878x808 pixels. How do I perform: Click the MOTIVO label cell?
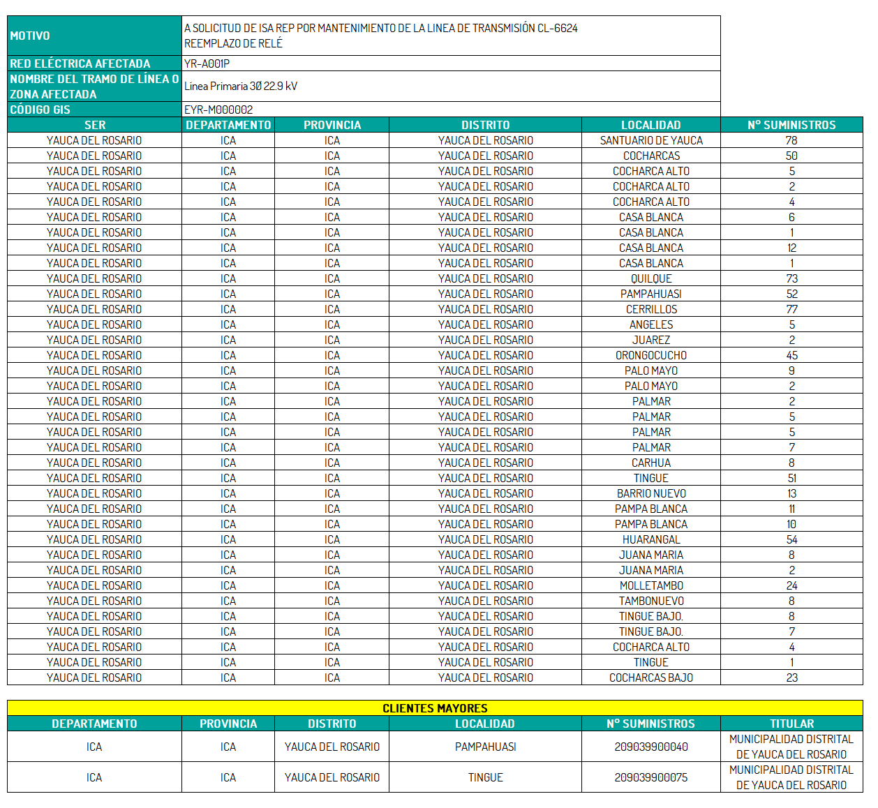(30, 36)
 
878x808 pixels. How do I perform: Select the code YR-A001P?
(207, 63)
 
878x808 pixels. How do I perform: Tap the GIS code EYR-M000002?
(218, 110)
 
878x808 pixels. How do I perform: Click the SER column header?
(95, 125)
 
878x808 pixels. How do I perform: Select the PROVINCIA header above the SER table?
(332, 125)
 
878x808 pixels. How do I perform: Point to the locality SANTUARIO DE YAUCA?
(651, 140)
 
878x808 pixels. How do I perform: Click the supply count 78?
(791, 140)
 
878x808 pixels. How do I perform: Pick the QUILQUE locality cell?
(651, 278)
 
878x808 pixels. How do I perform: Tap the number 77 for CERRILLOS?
(791, 309)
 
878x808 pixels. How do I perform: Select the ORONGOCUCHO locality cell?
(651, 355)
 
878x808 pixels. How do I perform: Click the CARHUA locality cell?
(651, 463)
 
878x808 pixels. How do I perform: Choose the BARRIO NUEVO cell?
(651, 493)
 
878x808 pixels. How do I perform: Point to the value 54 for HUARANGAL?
(791, 539)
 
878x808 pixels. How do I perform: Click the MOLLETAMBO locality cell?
(651, 585)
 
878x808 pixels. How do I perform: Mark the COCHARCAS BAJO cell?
(651, 678)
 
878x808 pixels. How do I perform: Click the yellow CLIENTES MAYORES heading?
(435, 708)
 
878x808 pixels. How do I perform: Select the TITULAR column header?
(791, 724)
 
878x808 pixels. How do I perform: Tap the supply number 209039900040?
(651, 747)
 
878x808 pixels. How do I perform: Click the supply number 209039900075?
(651, 777)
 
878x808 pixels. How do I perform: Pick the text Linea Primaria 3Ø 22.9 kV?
(241, 87)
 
